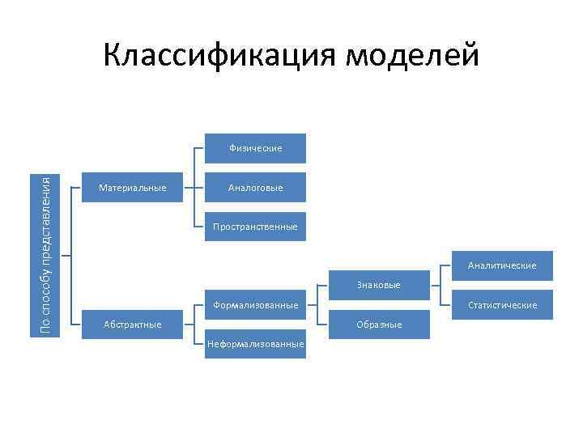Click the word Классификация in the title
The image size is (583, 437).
(x=219, y=55)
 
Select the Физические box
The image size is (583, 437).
(x=255, y=148)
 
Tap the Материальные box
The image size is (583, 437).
(x=132, y=188)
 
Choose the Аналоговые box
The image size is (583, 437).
(x=255, y=188)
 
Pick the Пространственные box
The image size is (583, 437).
(x=255, y=227)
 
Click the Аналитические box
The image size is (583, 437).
(x=502, y=265)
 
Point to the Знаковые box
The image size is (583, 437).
(x=379, y=285)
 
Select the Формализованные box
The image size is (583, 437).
(x=255, y=305)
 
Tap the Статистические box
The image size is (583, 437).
(x=502, y=305)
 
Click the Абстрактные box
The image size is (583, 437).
(x=132, y=325)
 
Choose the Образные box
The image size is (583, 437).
(x=379, y=325)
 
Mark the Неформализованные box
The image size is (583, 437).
(x=255, y=344)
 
